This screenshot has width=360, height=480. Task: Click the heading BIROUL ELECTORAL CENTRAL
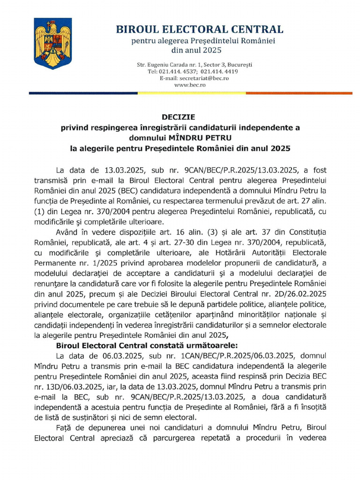200,29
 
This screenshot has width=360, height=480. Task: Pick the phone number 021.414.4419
219,71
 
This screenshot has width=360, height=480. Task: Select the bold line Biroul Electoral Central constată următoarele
140,345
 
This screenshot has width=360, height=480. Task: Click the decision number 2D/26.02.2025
295,293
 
